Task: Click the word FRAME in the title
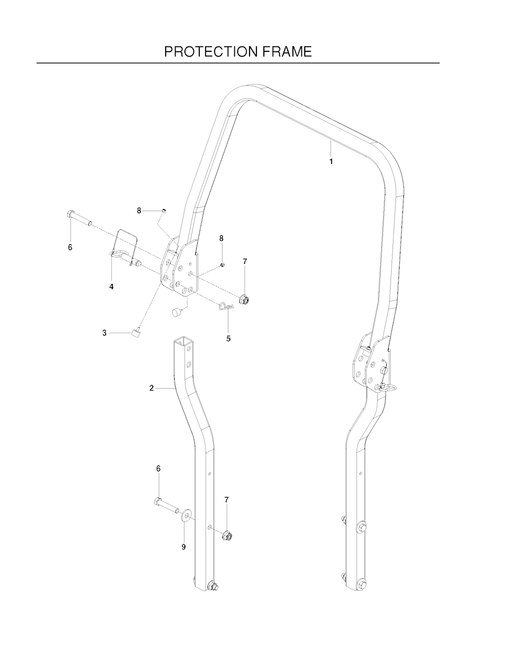click(x=287, y=52)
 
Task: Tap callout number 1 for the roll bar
click(x=331, y=161)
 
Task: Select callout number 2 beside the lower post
click(x=152, y=388)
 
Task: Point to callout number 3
click(x=105, y=333)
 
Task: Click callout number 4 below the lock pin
click(x=111, y=287)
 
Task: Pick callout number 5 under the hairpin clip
click(x=228, y=338)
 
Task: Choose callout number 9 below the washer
click(x=183, y=546)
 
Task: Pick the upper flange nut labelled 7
click(x=245, y=299)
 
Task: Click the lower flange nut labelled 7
click(x=227, y=536)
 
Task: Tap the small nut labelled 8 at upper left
click(x=164, y=211)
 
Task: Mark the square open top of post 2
click(x=181, y=341)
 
